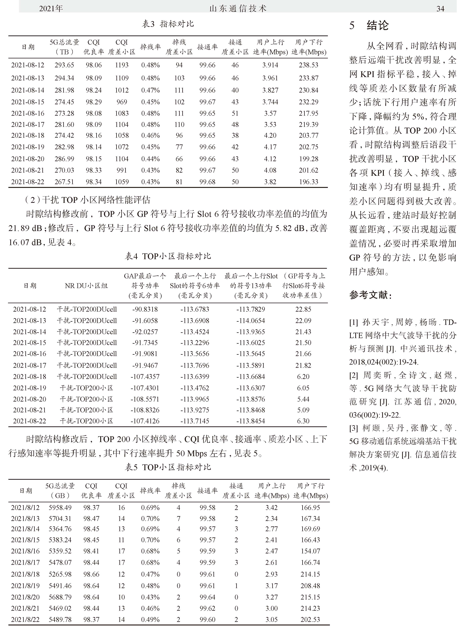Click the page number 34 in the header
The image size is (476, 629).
coord(440,9)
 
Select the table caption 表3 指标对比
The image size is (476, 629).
coord(168,24)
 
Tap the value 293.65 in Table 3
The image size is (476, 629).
coord(64,65)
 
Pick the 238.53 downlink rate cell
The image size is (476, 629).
coord(308,65)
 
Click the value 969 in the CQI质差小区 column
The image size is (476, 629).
coord(122,102)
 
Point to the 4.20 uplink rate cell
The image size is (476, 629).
coord(270,135)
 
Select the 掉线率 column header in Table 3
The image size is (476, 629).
coord(150,47)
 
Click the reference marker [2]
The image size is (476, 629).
coord(353,375)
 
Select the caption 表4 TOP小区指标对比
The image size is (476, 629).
coord(168,256)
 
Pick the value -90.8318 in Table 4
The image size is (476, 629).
coord(145,309)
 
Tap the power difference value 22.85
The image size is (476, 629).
coord(303,309)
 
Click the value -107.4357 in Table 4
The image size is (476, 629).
coord(145,377)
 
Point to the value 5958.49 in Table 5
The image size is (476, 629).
coord(60,508)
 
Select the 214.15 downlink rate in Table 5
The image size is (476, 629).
coord(310,574)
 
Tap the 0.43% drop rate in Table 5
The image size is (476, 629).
coord(150,597)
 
